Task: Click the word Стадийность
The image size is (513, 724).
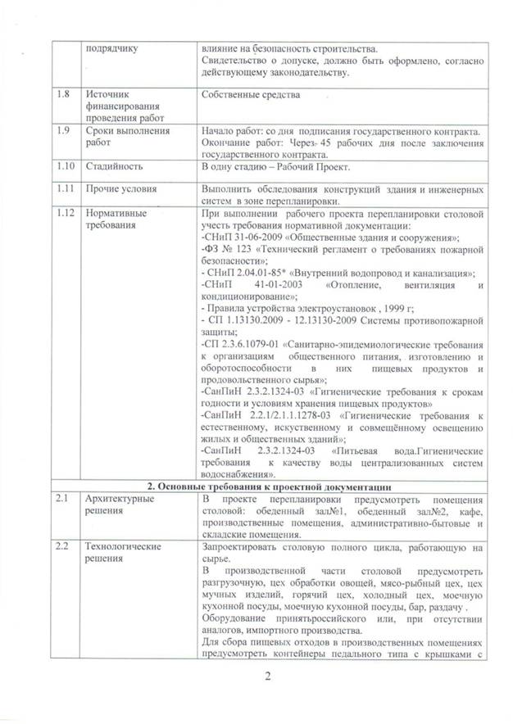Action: (x=112, y=166)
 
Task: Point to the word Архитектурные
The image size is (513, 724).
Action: (x=117, y=499)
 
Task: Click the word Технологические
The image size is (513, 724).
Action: (x=121, y=545)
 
